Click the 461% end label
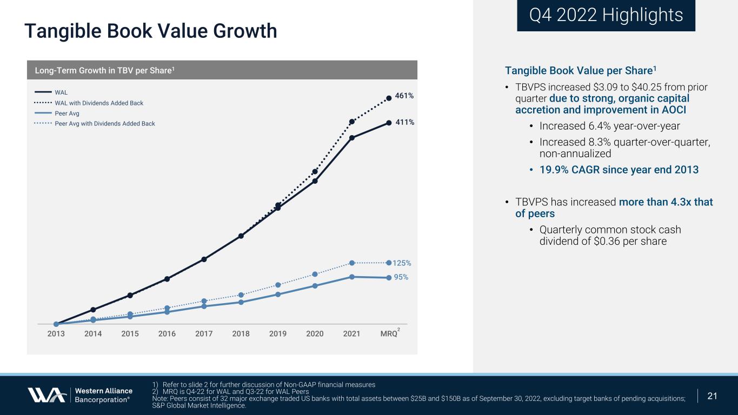pos(404,96)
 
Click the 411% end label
pos(404,122)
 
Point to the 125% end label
pos(402,263)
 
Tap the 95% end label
pos(401,277)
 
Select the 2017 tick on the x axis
pos(204,334)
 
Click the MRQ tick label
pos(389,334)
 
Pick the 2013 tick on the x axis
pos(56,334)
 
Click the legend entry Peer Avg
pos(67,113)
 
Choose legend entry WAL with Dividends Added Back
pos(99,103)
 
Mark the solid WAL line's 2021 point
pos(352,138)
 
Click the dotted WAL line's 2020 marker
pos(315,172)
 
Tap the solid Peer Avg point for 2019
pos(278,294)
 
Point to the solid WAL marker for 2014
pos(93,310)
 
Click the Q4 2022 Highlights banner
pos(606,15)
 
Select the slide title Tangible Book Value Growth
pos(150,31)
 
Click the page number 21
pos(713,396)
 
